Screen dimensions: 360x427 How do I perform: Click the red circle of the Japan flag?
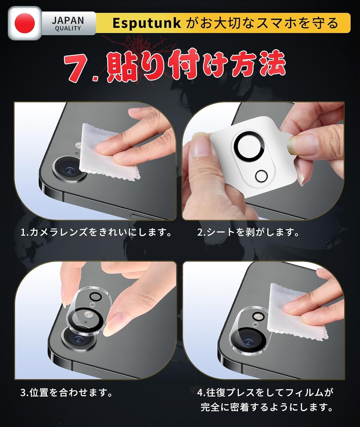[25, 23]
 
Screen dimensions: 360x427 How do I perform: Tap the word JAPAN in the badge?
[68, 20]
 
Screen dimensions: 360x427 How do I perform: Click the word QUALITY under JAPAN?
[68, 28]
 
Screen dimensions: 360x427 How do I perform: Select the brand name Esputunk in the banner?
[146, 23]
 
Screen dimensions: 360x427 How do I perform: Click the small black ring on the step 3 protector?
[96, 296]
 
